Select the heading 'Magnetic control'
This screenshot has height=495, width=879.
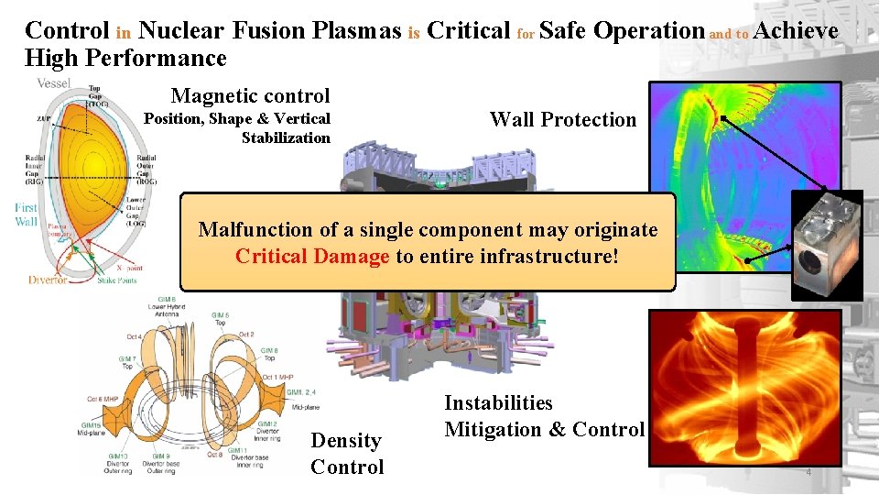point(250,95)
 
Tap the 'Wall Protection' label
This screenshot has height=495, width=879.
point(562,119)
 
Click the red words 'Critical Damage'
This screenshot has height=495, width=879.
point(312,256)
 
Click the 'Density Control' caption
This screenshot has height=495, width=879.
point(346,453)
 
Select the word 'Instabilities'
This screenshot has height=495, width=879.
point(498,402)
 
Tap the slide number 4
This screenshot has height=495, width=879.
point(808,472)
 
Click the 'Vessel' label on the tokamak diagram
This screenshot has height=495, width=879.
point(53,83)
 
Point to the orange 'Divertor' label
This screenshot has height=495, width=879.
point(46,280)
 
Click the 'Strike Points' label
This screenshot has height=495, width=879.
point(117,280)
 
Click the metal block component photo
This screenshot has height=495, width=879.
point(827,246)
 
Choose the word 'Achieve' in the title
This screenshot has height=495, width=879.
point(797,30)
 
